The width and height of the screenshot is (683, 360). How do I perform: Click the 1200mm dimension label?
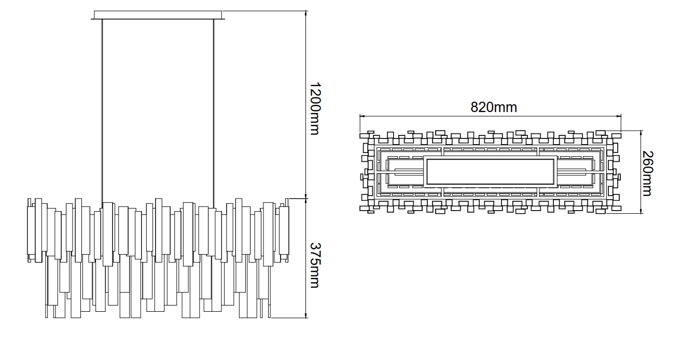[315, 108]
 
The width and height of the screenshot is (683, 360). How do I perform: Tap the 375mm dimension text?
[315, 265]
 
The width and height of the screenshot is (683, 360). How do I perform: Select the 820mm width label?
[494, 107]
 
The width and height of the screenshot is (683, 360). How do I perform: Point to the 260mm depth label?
[648, 173]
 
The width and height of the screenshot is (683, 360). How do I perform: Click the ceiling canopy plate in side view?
[158, 15]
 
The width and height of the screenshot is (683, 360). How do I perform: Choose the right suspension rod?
[214, 114]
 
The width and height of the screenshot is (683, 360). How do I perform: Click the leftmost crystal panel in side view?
[31, 231]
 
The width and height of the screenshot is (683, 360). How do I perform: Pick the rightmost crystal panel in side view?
[284, 231]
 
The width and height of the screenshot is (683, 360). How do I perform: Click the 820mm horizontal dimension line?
[490, 116]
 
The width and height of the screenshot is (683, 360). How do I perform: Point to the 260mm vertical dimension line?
[641, 172]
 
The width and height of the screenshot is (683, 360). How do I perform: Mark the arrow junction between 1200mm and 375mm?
[306, 198]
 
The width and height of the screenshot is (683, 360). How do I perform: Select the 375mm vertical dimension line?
[306, 258]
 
